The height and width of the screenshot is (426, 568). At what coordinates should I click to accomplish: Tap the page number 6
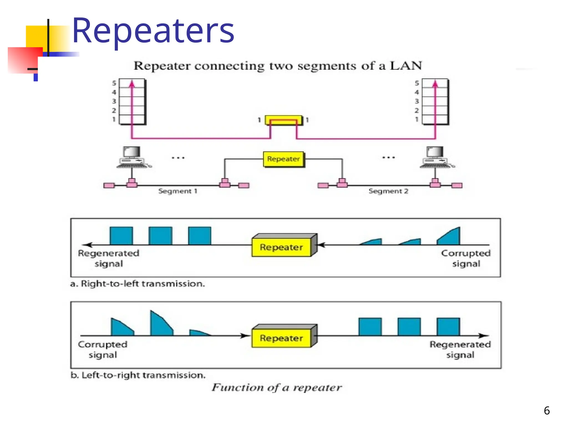tap(547, 410)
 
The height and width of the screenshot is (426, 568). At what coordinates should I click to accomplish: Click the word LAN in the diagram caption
tap(405, 66)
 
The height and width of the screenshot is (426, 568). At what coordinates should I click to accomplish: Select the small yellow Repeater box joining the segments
tap(283, 159)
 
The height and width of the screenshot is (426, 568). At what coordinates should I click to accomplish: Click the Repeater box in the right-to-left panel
tap(282, 247)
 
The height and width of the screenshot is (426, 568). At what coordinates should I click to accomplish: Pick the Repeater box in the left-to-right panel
tap(282, 338)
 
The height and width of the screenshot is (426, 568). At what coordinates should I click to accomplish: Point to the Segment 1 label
tap(178, 191)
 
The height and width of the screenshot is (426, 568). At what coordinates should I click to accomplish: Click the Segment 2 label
tap(388, 191)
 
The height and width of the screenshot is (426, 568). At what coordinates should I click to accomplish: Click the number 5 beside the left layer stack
tap(114, 83)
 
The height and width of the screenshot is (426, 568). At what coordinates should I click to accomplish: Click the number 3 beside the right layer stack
tap(417, 101)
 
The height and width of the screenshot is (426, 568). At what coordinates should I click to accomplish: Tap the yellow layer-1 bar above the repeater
tap(283, 120)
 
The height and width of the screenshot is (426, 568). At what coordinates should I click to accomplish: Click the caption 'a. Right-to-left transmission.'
tap(138, 284)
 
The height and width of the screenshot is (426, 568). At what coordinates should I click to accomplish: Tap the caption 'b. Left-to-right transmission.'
tap(138, 375)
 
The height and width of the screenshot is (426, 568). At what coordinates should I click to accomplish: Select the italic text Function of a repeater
tap(277, 387)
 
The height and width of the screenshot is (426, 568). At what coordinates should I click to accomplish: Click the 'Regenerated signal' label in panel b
tap(460, 349)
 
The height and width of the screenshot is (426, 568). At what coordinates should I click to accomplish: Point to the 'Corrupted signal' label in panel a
tap(466, 258)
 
